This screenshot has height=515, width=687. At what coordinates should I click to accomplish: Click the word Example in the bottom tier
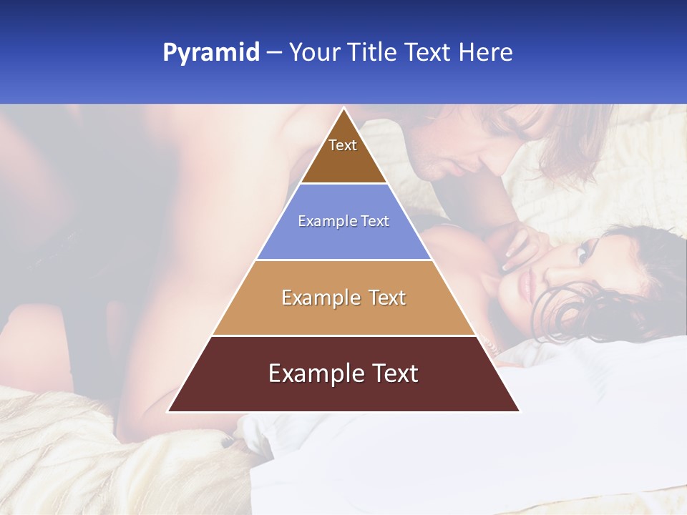(316, 373)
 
